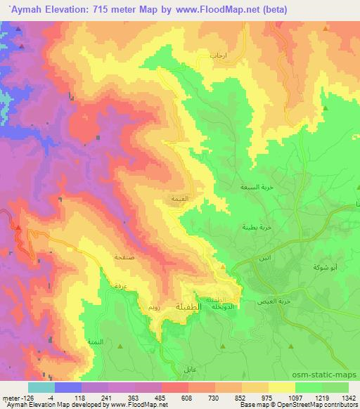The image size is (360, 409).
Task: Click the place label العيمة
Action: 179,199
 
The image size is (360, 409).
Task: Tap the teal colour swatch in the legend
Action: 41,387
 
